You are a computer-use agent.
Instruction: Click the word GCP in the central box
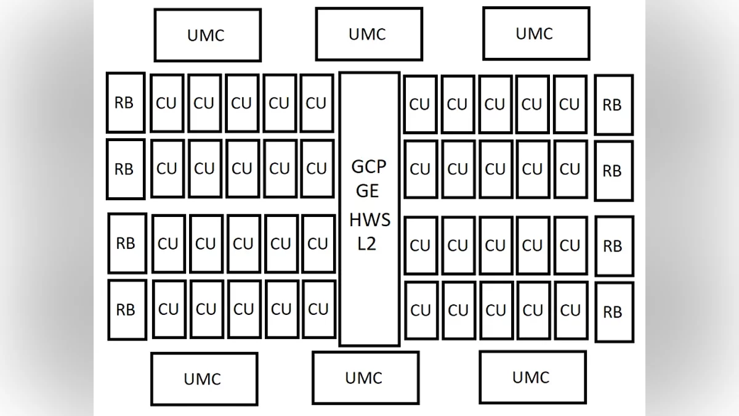(x=368, y=166)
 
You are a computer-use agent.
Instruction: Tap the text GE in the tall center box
(x=368, y=191)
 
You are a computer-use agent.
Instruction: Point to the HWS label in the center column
(x=369, y=220)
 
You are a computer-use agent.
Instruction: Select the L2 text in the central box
(x=367, y=244)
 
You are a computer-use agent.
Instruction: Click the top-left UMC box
(x=207, y=35)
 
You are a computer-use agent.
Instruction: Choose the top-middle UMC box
(x=368, y=34)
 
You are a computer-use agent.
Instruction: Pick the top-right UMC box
(x=535, y=33)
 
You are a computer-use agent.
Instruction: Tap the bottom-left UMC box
(x=203, y=378)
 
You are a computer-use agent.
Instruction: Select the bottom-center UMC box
(x=365, y=377)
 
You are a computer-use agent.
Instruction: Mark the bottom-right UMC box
(x=531, y=377)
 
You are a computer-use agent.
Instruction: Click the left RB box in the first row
(x=125, y=102)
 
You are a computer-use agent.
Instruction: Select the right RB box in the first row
(x=613, y=105)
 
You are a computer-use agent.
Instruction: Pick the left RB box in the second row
(x=125, y=169)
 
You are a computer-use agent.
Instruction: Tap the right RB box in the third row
(x=613, y=247)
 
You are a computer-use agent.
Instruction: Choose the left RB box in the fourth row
(x=127, y=309)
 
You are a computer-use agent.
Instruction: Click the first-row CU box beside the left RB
(x=166, y=104)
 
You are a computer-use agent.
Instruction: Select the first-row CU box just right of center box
(x=420, y=104)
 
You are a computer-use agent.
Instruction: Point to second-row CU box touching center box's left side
(x=317, y=168)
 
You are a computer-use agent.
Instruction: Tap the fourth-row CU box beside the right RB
(x=570, y=311)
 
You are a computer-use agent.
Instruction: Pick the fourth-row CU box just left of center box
(x=318, y=309)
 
